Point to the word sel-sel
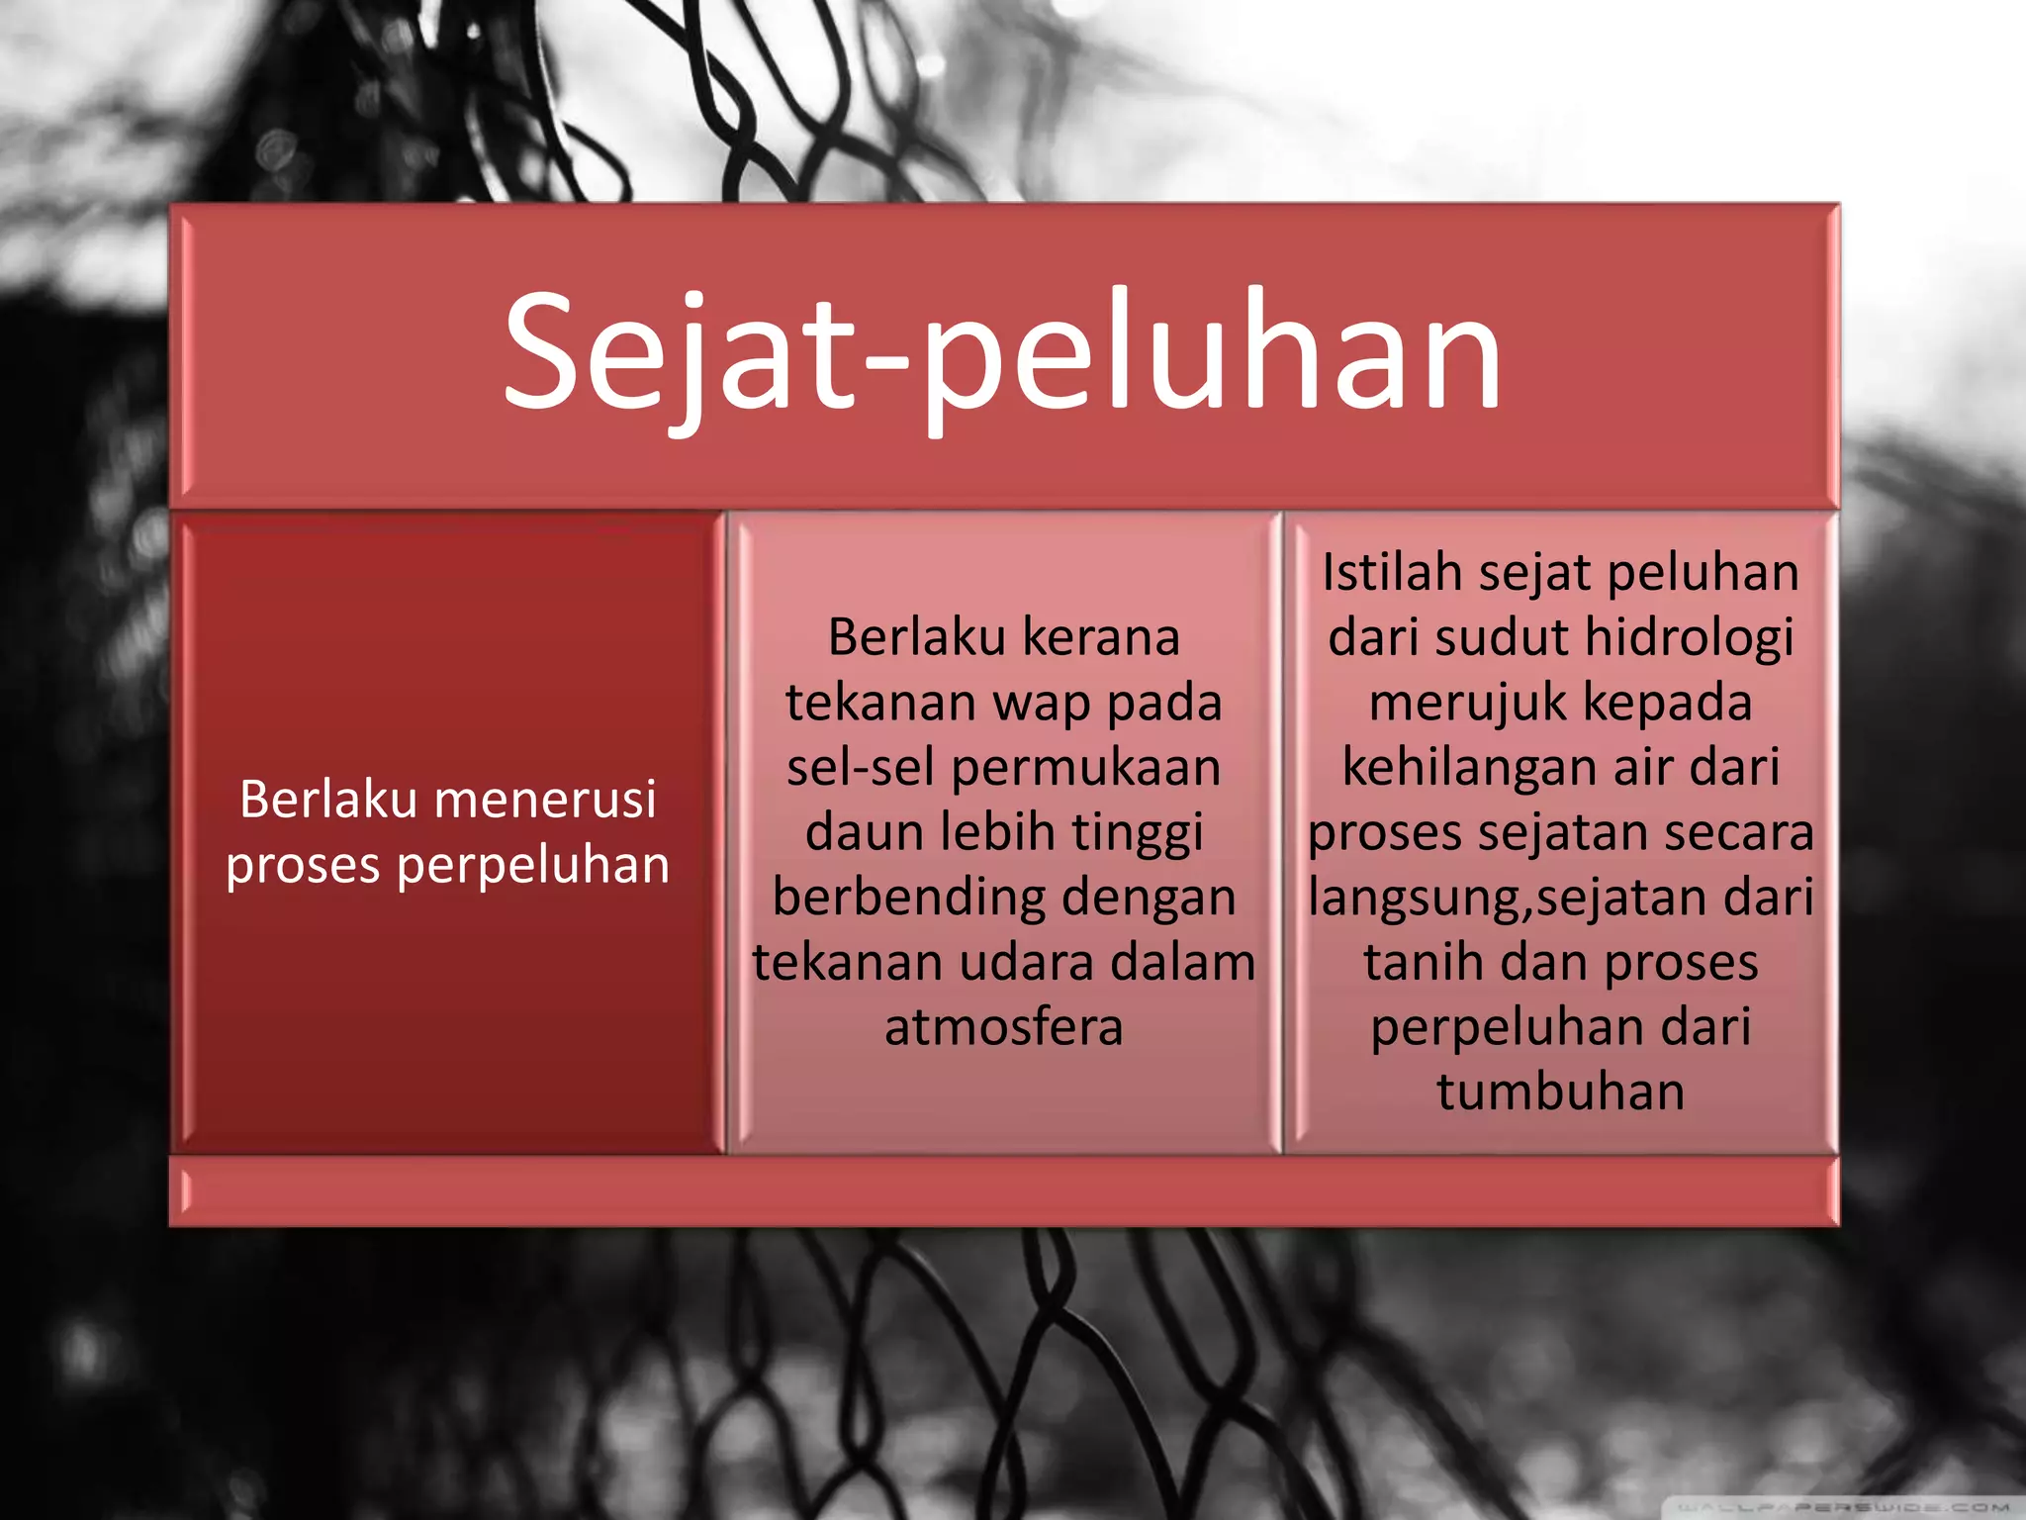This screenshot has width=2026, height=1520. click(x=860, y=768)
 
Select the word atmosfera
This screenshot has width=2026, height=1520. click(x=1003, y=1027)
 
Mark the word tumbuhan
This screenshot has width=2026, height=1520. click(x=1560, y=1092)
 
